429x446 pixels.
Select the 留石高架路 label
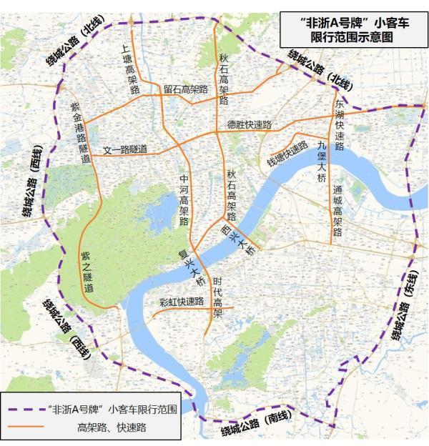pyautogui.click(x=185, y=89)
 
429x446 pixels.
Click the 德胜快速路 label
pyautogui.click(x=250, y=125)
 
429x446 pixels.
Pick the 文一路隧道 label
pyautogui.click(x=125, y=149)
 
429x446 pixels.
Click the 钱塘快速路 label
pyautogui.click(x=287, y=151)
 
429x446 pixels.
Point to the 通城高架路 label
pyautogui.click(x=338, y=211)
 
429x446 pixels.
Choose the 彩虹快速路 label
pyautogui.click(x=183, y=302)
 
